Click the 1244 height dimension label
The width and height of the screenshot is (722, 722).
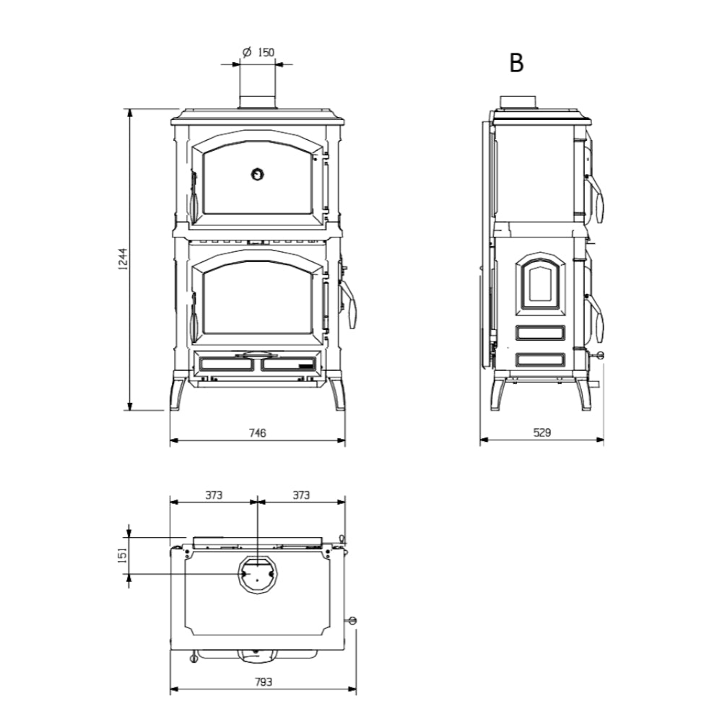pyautogui.click(x=123, y=258)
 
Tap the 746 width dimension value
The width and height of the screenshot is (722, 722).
pyautogui.click(x=258, y=432)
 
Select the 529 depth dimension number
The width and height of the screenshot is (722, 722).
pyautogui.click(x=542, y=432)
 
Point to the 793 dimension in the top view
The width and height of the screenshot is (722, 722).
pyautogui.click(x=264, y=682)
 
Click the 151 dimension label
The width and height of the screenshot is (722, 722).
pyautogui.click(x=123, y=554)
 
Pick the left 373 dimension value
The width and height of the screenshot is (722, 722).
pyautogui.click(x=214, y=495)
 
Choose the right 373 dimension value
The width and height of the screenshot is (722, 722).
pyautogui.click(x=301, y=495)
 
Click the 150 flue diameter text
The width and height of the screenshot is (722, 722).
pyautogui.click(x=266, y=53)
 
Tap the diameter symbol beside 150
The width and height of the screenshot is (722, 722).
pyautogui.click(x=246, y=53)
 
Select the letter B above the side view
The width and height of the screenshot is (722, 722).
pyautogui.click(x=516, y=63)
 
